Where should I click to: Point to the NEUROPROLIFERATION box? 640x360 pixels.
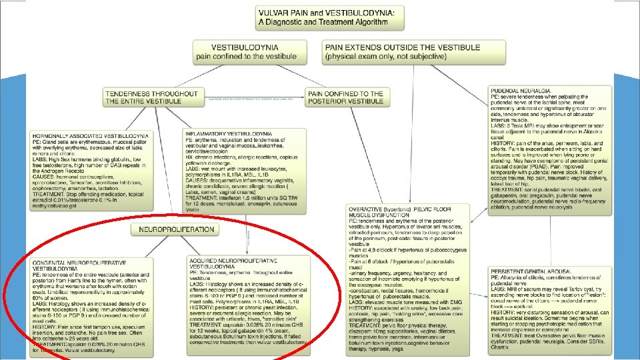tap(176, 229)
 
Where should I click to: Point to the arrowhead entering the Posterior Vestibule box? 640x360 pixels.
tap(306, 97)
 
